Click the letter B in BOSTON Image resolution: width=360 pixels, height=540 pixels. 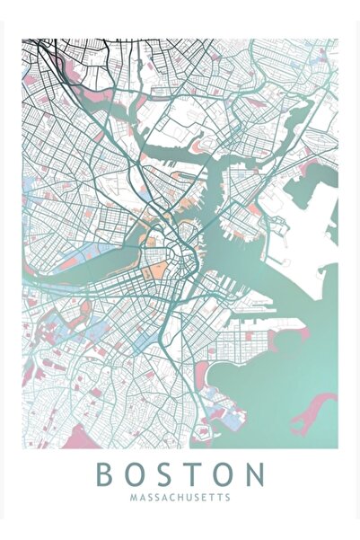[105, 474]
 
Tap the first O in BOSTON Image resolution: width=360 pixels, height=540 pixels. [136, 474]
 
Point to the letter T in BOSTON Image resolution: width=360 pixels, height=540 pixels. [195, 474]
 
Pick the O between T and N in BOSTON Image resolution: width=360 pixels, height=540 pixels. [224, 474]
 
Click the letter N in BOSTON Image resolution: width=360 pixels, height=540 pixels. [255, 474]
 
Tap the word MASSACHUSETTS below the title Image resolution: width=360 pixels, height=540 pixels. [180, 496]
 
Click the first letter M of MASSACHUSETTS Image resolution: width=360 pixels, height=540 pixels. [132, 496]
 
